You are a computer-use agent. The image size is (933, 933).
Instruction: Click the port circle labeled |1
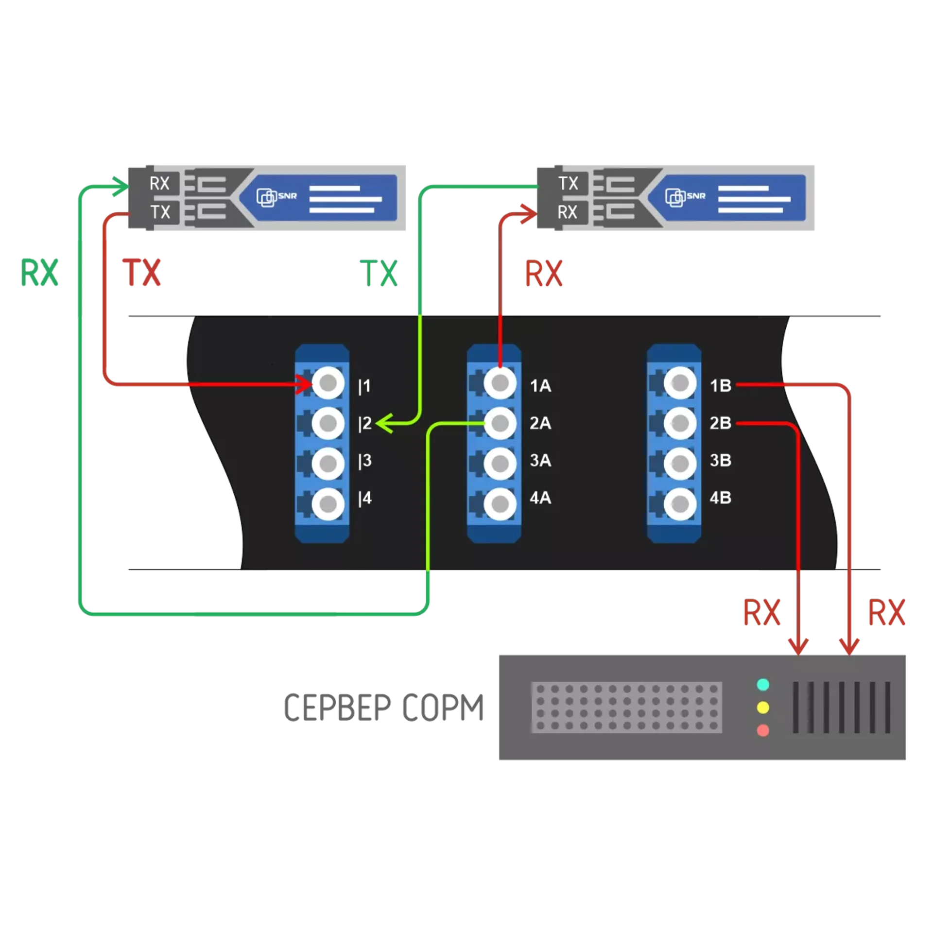[x=328, y=383]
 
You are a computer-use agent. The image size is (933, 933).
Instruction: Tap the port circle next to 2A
[x=500, y=423]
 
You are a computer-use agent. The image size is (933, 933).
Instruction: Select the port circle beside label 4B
[x=680, y=504]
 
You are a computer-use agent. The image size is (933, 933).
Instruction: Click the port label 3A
[x=540, y=460]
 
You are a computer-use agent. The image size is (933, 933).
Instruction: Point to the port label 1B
[x=720, y=386]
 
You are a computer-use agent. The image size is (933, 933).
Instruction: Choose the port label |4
[x=365, y=498]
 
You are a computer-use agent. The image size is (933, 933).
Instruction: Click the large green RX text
[x=40, y=273]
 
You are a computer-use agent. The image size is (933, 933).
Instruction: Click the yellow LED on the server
[x=763, y=708]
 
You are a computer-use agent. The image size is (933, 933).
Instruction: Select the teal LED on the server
[x=763, y=685]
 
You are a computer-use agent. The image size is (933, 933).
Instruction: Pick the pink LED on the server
[x=763, y=730]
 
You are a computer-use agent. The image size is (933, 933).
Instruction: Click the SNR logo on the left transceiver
[x=276, y=197]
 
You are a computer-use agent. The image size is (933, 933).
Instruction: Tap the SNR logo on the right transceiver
[x=685, y=197]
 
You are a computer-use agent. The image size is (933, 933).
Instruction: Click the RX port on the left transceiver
[x=159, y=184]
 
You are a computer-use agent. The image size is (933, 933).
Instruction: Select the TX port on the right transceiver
[x=568, y=184]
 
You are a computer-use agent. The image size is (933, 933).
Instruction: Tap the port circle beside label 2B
[x=680, y=423]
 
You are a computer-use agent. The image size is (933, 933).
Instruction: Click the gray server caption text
[x=384, y=708]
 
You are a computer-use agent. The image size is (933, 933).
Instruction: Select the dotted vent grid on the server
[x=626, y=708]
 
